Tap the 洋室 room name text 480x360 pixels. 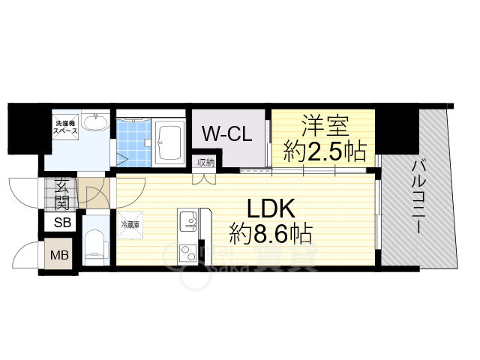[x=323, y=124]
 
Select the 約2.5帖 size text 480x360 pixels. [x=324, y=153]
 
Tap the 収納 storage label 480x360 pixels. [x=206, y=161]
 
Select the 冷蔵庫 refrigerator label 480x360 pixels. [x=127, y=223]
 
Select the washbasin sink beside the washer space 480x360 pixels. [x=94, y=124]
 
